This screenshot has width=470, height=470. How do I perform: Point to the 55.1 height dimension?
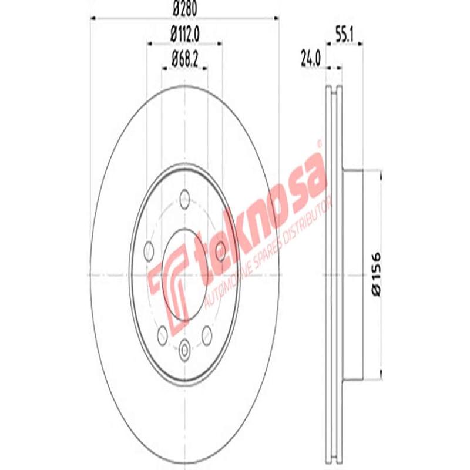coord(344,35)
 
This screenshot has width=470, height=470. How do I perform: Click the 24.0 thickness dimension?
coord(311,59)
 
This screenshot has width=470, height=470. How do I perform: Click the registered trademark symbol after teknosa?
coord(320,143)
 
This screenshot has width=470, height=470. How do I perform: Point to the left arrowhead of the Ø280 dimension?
coord(93,18)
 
